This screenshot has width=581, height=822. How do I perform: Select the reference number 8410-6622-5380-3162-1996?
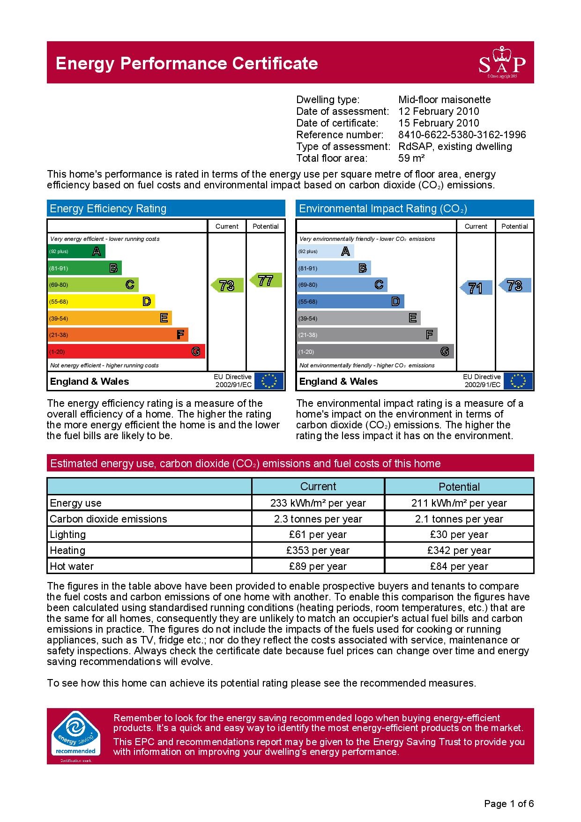pyautogui.click(x=462, y=135)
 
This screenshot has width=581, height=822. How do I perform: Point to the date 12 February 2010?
pyautogui.click(x=439, y=112)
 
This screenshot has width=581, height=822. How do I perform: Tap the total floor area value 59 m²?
pyautogui.click(x=411, y=158)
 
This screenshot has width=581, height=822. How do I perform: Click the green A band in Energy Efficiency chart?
pyautogui.click(x=76, y=251)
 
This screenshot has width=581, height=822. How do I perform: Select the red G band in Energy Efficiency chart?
pyautogui.click(x=126, y=351)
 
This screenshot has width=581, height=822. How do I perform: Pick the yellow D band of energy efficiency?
pyautogui.click(x=101, y=301)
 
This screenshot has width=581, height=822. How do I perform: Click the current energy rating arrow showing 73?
pyautogui.click(x=227, y=285)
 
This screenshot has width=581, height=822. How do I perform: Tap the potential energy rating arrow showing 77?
pyautogui.click(x=265, y=280)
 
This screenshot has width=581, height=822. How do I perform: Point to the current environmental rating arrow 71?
pyautogui.click(x=476, y=288)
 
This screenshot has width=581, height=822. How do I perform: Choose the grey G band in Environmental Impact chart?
pyautogui.click(x=375, y=351)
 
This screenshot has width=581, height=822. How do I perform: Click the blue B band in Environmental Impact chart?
pyautogui.click(x=334, y=268)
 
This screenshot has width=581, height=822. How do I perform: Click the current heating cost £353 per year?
pyautogui.click(x=318, y=550)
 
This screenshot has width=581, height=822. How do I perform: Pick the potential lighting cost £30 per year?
pyautogui.click(x=459, y=535)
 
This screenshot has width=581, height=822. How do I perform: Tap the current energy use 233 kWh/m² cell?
pyautogui.click(x=318, y=503)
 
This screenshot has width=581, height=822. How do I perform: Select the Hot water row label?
pyautogui.click(x=72, y=566)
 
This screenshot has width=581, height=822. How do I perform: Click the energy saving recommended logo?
pyautogui.click(x=75, y=736)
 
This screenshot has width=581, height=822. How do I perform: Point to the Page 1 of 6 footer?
pyautogui.click(x=508, y=804)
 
